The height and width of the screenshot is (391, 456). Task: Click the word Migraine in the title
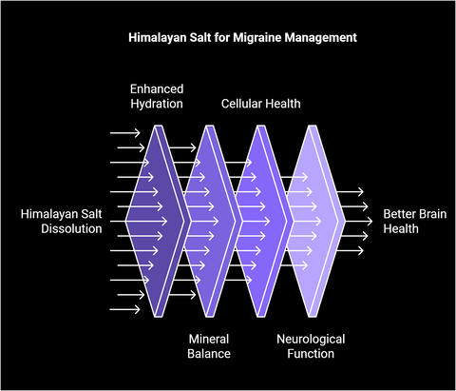pos(257,38)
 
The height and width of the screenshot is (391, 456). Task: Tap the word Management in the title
pos(320,37)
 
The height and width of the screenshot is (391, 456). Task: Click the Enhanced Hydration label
pos(157,96)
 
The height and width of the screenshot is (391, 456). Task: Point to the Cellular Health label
pos(260,104)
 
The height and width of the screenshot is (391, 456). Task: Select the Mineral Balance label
pos(209,346)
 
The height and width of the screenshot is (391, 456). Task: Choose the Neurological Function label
pos(311,346)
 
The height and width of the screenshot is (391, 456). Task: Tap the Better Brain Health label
pos(415,222)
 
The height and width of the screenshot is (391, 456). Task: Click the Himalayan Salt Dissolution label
pos(62,222)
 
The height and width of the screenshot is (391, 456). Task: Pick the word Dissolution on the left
pos(71,229)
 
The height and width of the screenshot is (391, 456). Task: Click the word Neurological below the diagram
pos(311,340)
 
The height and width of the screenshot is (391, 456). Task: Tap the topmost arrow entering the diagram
pos(124,133)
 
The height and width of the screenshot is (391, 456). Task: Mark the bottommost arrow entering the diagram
pos(124,309)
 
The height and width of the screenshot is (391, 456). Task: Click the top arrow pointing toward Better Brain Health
pos(350,191)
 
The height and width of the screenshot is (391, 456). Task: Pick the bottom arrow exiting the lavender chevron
pos(350,250)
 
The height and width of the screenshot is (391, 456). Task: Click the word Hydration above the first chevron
pos(157,104)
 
